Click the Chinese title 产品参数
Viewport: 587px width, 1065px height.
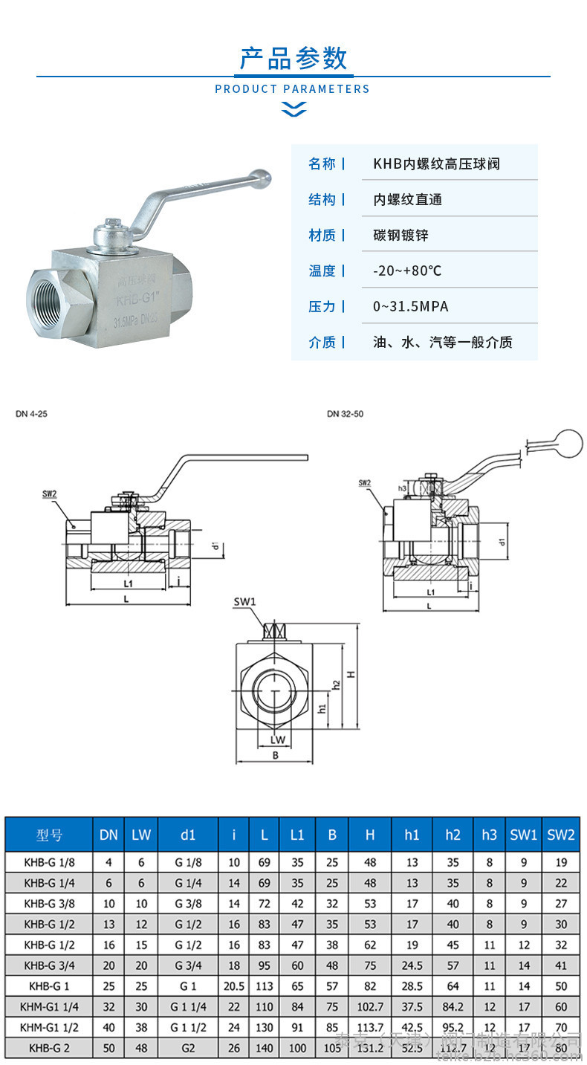pyautogui.click(x=293, y=58)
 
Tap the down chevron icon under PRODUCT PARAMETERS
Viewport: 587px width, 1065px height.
pyautogui.click(x=293, y=110)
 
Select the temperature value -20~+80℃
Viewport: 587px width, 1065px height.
pyautogui.click(x=406, y=271)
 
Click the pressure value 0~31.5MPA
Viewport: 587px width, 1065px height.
pyautogui.click(x=410, y=306)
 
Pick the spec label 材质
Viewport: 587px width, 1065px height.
pyautogui.click(x=322, y=235)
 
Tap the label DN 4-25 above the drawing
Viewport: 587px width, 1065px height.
pyautogui.click(x=31, y=413)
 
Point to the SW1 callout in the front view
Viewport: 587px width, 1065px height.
pyautogui.click(x=244, y=601)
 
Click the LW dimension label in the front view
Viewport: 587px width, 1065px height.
pyautogui.click(x=277, y=739)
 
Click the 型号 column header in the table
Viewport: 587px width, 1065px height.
pyautogui.click(x=49, y=835)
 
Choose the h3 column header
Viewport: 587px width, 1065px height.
pyautogui.click(x=488, y=835)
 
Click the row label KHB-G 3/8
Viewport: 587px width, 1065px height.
pyautogui.click(x=49, y=904)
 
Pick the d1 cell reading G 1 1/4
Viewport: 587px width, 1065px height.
pyautogui.click(x=188, y=1007)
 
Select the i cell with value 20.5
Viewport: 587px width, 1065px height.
pyautogui.click(x=234, y=986)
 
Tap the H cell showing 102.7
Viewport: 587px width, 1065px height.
pyautogui.click(x=370, y=1007)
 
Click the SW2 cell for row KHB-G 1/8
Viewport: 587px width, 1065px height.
pyautogui.click(x=561, y=863)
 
